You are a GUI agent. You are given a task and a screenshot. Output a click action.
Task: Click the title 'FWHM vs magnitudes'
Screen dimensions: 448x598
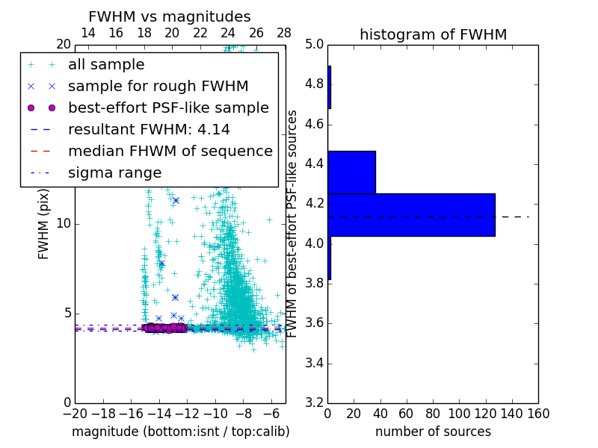170,16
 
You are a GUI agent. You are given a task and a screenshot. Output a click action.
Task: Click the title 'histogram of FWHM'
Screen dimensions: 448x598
433,34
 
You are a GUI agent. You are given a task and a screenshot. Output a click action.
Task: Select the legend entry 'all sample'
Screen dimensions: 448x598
106,65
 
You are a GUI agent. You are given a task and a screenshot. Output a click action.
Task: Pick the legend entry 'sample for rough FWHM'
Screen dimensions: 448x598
158,87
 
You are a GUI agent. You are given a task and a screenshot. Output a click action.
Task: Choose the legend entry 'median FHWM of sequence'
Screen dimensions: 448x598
170,152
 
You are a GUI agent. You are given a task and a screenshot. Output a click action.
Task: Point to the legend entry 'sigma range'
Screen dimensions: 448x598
114,173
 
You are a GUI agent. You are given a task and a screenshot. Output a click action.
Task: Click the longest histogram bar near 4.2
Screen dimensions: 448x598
411,215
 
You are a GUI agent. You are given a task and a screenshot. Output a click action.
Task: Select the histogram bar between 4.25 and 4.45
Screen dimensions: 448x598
351,172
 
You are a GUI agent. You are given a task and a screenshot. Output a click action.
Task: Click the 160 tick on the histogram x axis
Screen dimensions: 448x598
538,413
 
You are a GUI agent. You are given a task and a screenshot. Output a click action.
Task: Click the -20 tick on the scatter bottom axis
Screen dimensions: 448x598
75,413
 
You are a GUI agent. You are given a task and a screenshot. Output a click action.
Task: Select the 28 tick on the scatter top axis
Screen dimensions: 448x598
285,33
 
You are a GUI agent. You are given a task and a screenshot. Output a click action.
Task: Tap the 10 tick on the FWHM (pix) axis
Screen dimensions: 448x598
64,224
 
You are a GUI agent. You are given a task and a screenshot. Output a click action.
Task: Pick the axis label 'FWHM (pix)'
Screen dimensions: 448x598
44,224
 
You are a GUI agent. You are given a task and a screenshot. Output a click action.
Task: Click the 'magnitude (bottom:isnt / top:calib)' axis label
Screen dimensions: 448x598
180,432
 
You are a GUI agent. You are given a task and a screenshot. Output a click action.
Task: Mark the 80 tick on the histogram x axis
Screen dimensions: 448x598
433,413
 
